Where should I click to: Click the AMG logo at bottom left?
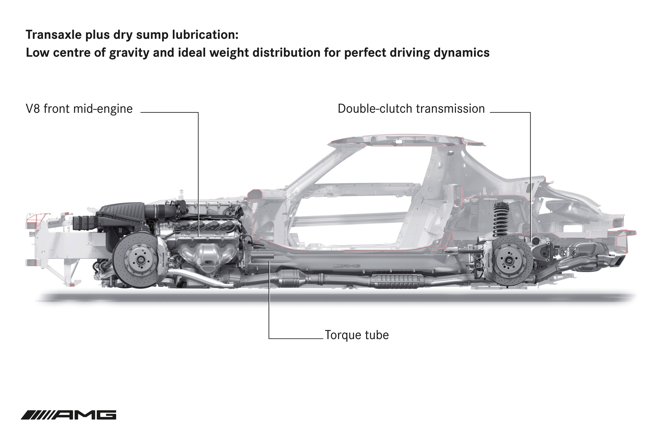click(x=69, y=415)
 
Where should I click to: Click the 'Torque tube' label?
click(x=356, y=335)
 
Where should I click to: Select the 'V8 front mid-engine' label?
click(x=79, y=109)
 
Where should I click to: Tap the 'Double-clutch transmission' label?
click(x=411, y=109)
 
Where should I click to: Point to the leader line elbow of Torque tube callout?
click(x=269, y=338)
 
